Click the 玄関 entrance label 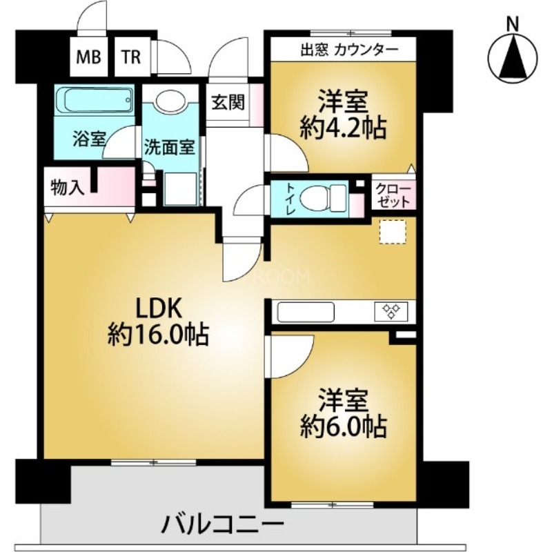click(x=227, y=103)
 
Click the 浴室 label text click(x=89, y=137)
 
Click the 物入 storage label click(x=68, y=187)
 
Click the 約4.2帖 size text click(x=343, y=127)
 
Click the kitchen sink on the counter click(x=304, y=313)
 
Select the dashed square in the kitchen click(x=393, y=232)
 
